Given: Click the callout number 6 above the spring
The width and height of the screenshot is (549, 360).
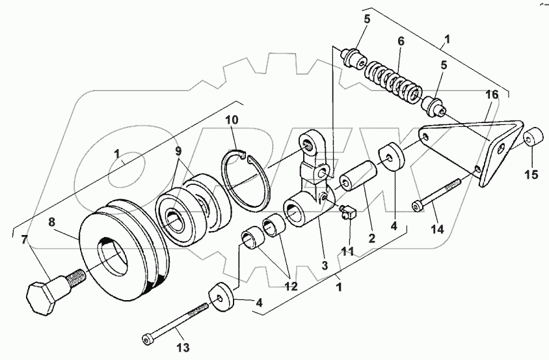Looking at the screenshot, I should [x=401, y=40].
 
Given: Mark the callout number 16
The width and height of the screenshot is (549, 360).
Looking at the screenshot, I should [x=492, y=95].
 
